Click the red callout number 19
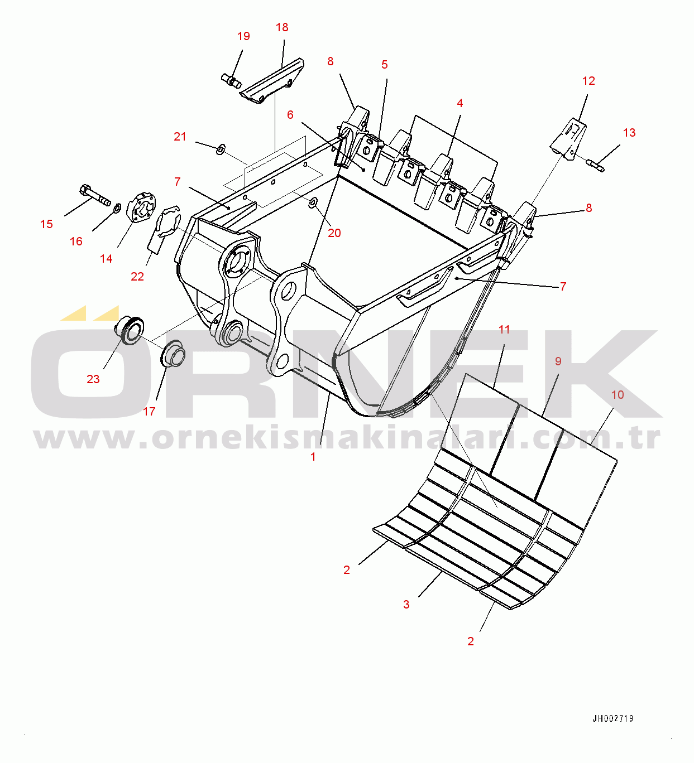(243, 36)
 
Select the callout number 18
(282, 27)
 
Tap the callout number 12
(588, 81)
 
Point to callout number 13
(629, 133)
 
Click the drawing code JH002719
(613, 718)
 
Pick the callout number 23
(93, 379)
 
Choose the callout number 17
(149, 411)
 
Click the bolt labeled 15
(95, 194)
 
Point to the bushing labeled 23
(130, 331)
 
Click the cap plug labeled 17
(173, 354)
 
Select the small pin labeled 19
(231, 81)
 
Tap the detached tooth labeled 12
(569, 139)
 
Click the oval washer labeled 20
(313, 203)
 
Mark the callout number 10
(618, 395)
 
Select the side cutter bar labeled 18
(272, 81)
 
